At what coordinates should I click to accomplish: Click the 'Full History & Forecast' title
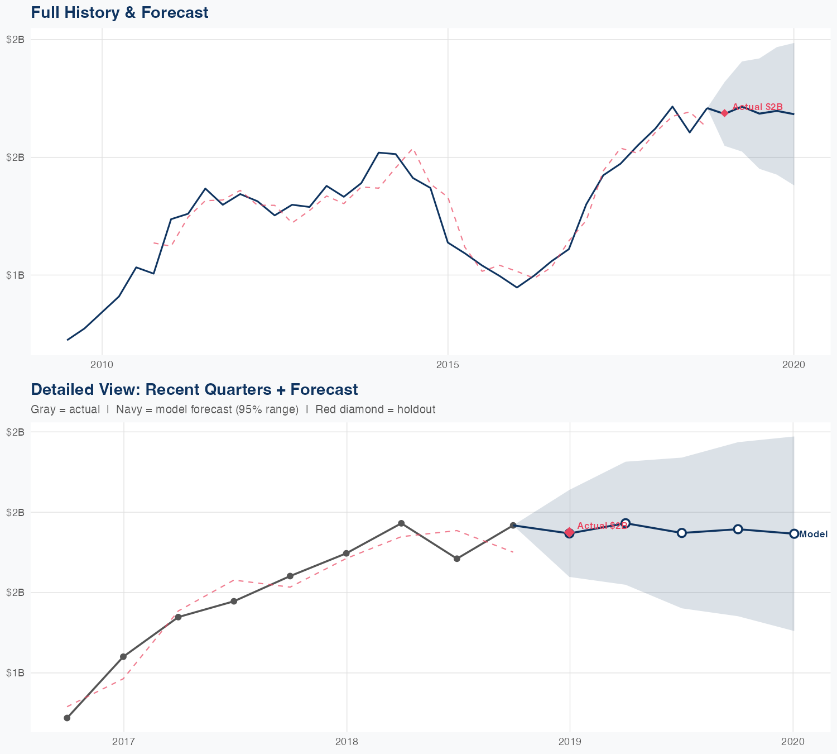click(x=119, y=12)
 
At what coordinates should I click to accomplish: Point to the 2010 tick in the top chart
click(x=102, y=365)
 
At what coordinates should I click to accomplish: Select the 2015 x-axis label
click(x=448, y=365)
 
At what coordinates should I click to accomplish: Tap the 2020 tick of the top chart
click(x=793, y=365)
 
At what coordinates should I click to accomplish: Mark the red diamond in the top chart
click(x=724, y=113)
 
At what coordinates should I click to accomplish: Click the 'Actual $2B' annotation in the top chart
click(x=757, y=107)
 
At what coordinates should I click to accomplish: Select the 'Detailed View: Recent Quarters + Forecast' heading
click(x=194, y=389)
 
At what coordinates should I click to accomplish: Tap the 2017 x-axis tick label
click(x=123, y=741)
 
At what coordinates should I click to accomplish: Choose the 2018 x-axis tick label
click(x=347, y=741)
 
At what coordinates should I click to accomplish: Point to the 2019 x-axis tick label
click(x=570, y=741)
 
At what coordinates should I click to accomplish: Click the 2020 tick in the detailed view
click(x=792, y=741)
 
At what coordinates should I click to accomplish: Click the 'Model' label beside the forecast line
click(x=813, y=534)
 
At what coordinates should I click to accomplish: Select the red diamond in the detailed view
click(x=569, y=532)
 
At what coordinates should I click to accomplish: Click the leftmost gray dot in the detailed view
click(x=67, y=718)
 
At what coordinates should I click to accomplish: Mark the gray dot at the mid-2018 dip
click(x=457, y=559)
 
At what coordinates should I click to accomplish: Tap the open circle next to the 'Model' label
click(x=794, y=534)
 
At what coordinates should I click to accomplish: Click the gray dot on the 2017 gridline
click(x=123, y=657)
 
